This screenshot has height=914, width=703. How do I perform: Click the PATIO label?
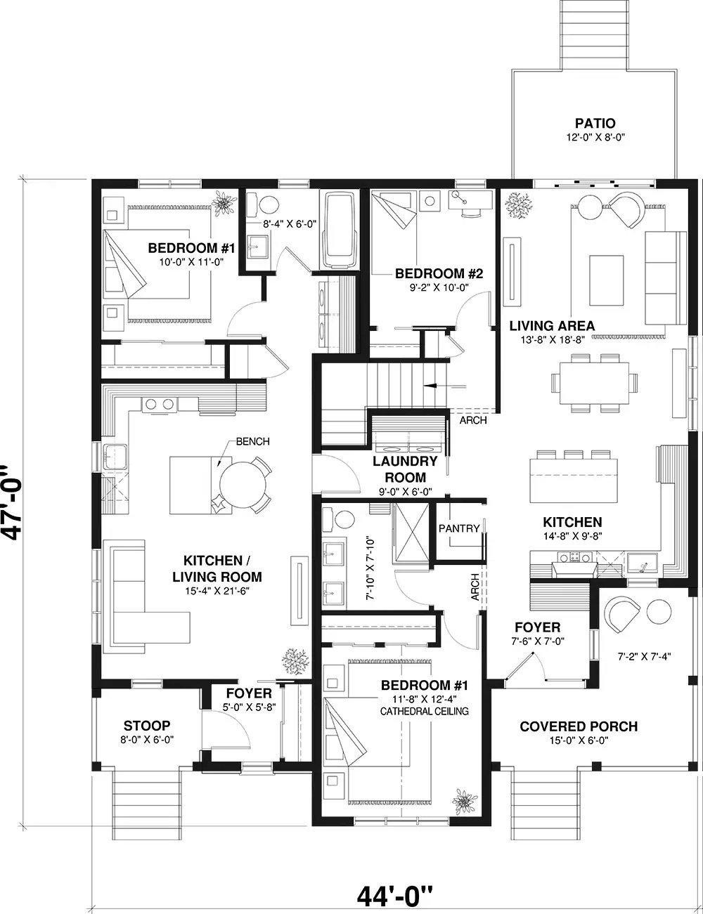[594, 124]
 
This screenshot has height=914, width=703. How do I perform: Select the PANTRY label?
[458, 528]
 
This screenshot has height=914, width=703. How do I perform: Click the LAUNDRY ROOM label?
[405, 469]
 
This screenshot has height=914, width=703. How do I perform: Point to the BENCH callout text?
[252, 441]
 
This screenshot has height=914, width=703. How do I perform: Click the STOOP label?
[147, 726]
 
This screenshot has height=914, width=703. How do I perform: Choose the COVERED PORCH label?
[579, 726]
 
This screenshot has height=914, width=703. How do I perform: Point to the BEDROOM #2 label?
[439, 273]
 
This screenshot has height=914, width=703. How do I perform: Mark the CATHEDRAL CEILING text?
[424, 711]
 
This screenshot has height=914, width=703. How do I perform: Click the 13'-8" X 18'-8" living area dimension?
[552, 339]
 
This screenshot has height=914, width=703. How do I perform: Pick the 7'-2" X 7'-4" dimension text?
[644, 658]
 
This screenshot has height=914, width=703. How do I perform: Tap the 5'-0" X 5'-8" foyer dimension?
[238, 708]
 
